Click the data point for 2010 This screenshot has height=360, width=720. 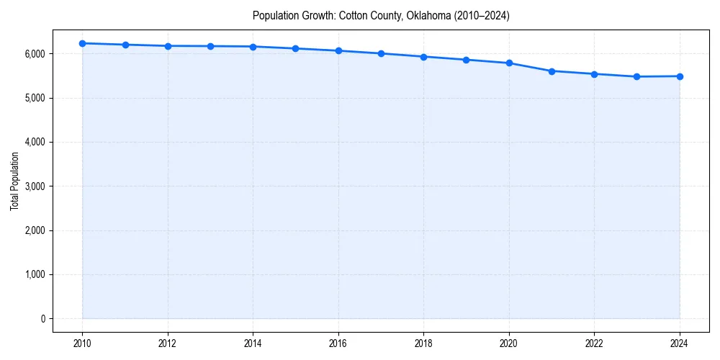point(83,43)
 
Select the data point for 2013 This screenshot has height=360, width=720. point(211,46)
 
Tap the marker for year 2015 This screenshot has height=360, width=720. point(296,48)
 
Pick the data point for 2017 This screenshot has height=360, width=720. point(381,53)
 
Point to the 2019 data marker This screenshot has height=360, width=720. point(467,60)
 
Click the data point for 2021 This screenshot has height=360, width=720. point(552,71)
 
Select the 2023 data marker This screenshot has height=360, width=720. point(637,76)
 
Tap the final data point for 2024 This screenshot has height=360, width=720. point(680,76)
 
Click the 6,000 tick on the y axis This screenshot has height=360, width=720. point(35,54)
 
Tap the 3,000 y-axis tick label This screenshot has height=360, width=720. point(35,186)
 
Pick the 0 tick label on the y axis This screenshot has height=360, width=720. point(42,319)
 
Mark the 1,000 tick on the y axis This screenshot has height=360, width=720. point(35,275)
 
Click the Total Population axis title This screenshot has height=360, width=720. point(14,181)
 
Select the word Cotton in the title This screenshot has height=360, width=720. point(354,16)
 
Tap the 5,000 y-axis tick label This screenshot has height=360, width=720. point(35,98)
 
